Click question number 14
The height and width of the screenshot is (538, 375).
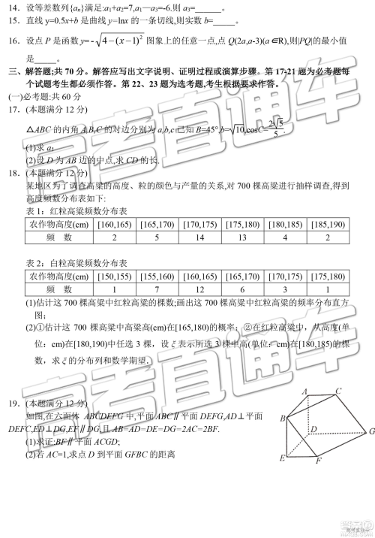pyautogui.click(x=14, y=8)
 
